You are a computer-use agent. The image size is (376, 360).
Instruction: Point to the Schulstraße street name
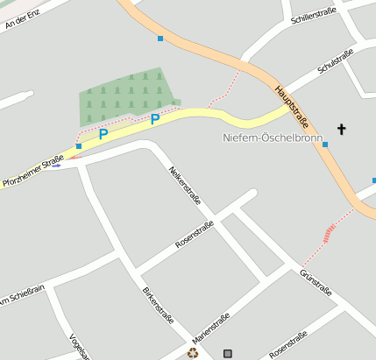pyautogui.click(x=336, y=60)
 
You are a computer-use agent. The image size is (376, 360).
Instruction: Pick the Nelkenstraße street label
pyautogui.click(x=186, y=185)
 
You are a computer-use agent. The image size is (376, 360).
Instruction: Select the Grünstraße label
pyautogui.click(x=316, y=282)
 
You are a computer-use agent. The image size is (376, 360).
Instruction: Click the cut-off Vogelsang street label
pyautogui.click(x=79, y=345)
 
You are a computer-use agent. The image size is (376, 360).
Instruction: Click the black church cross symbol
pyautogui.click(x=341, y=131)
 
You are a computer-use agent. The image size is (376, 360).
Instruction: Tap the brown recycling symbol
pyautogui.click(x=193, y=353)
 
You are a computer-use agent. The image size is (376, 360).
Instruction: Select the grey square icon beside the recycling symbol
pyautogui.click(x=229, y=353)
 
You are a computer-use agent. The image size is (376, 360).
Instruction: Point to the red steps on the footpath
pyautogui.click(x=330, y=231)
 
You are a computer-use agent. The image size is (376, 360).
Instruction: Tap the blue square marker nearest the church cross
pyautogui.click(x=325, y=145)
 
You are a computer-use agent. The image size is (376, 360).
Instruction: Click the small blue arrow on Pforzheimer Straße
pyautogui.click(x=56, y=165)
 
